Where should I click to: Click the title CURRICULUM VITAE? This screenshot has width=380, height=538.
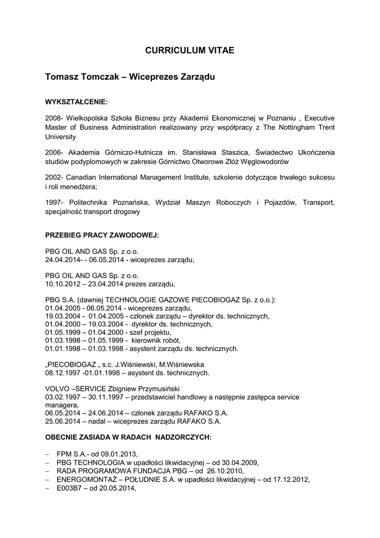189,50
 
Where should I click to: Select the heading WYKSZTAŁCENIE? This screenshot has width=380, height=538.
77,100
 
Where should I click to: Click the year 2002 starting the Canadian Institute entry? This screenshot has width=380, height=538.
54,178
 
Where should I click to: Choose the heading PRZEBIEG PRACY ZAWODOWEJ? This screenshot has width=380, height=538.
102,235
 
